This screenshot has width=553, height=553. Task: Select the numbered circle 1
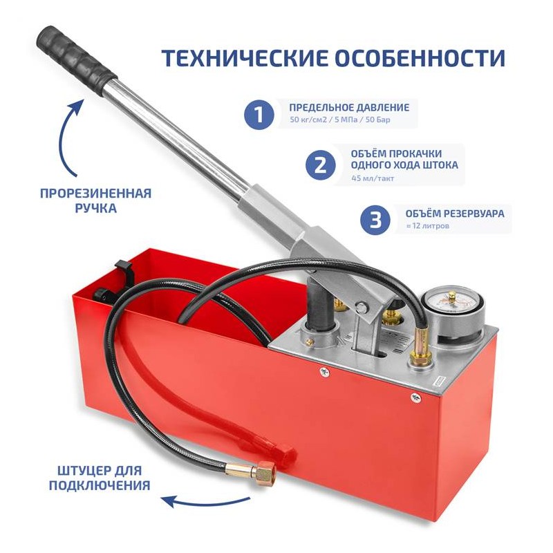[259, 114]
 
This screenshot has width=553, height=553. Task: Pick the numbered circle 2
[320, 165]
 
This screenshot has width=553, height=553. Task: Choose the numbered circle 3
[375, 219]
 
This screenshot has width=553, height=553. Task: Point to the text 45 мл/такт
[373, 178]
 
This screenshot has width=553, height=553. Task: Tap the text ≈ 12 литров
[427, 226]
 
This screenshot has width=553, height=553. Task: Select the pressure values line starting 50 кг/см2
[340, 120]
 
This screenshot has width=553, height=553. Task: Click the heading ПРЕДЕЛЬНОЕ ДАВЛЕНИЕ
[349, 107]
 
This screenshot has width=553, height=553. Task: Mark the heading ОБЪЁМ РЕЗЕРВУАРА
[455, 214]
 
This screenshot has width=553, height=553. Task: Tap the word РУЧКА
[95, 208]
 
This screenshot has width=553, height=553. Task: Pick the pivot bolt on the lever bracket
[360, 308]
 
